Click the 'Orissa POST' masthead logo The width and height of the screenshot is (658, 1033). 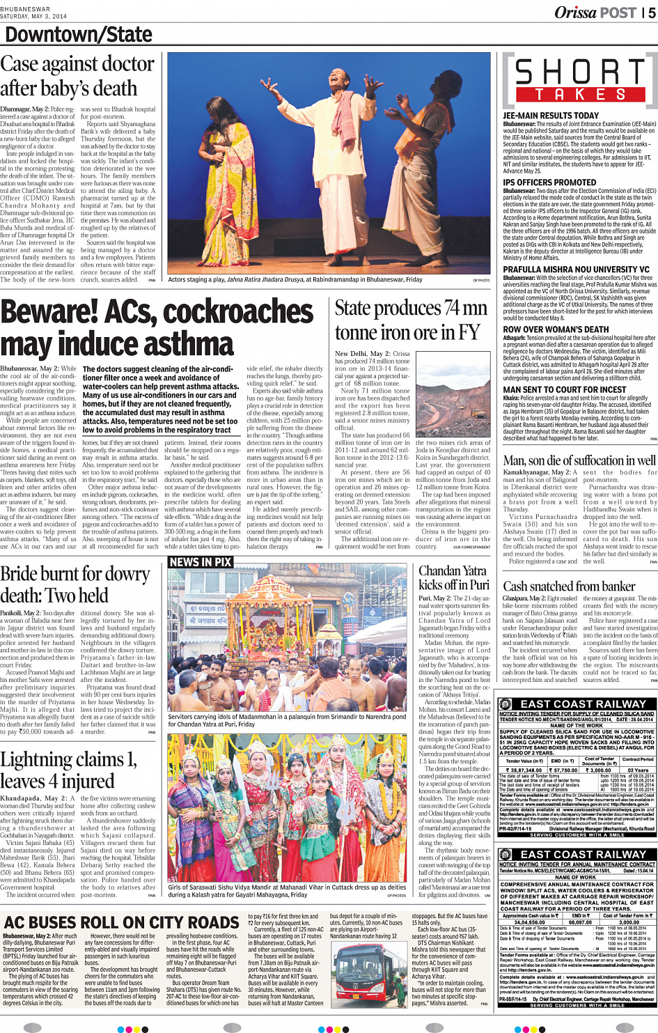595,13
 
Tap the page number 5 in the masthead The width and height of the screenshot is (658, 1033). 651,13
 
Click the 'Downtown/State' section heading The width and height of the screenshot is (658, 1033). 79,35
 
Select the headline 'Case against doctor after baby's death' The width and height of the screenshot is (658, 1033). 77,77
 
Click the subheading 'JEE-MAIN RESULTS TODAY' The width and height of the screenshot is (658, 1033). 551,116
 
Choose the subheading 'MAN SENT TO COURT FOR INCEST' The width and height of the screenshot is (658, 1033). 564,389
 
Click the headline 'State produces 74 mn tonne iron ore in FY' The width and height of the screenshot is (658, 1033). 411,320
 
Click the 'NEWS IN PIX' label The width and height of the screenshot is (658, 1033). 201,561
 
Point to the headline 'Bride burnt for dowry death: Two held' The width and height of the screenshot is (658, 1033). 75,584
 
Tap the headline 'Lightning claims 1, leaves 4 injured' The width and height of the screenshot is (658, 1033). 68,770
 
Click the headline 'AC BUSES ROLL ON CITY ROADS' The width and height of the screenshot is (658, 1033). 122,922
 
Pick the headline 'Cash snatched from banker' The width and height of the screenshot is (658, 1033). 570,586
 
